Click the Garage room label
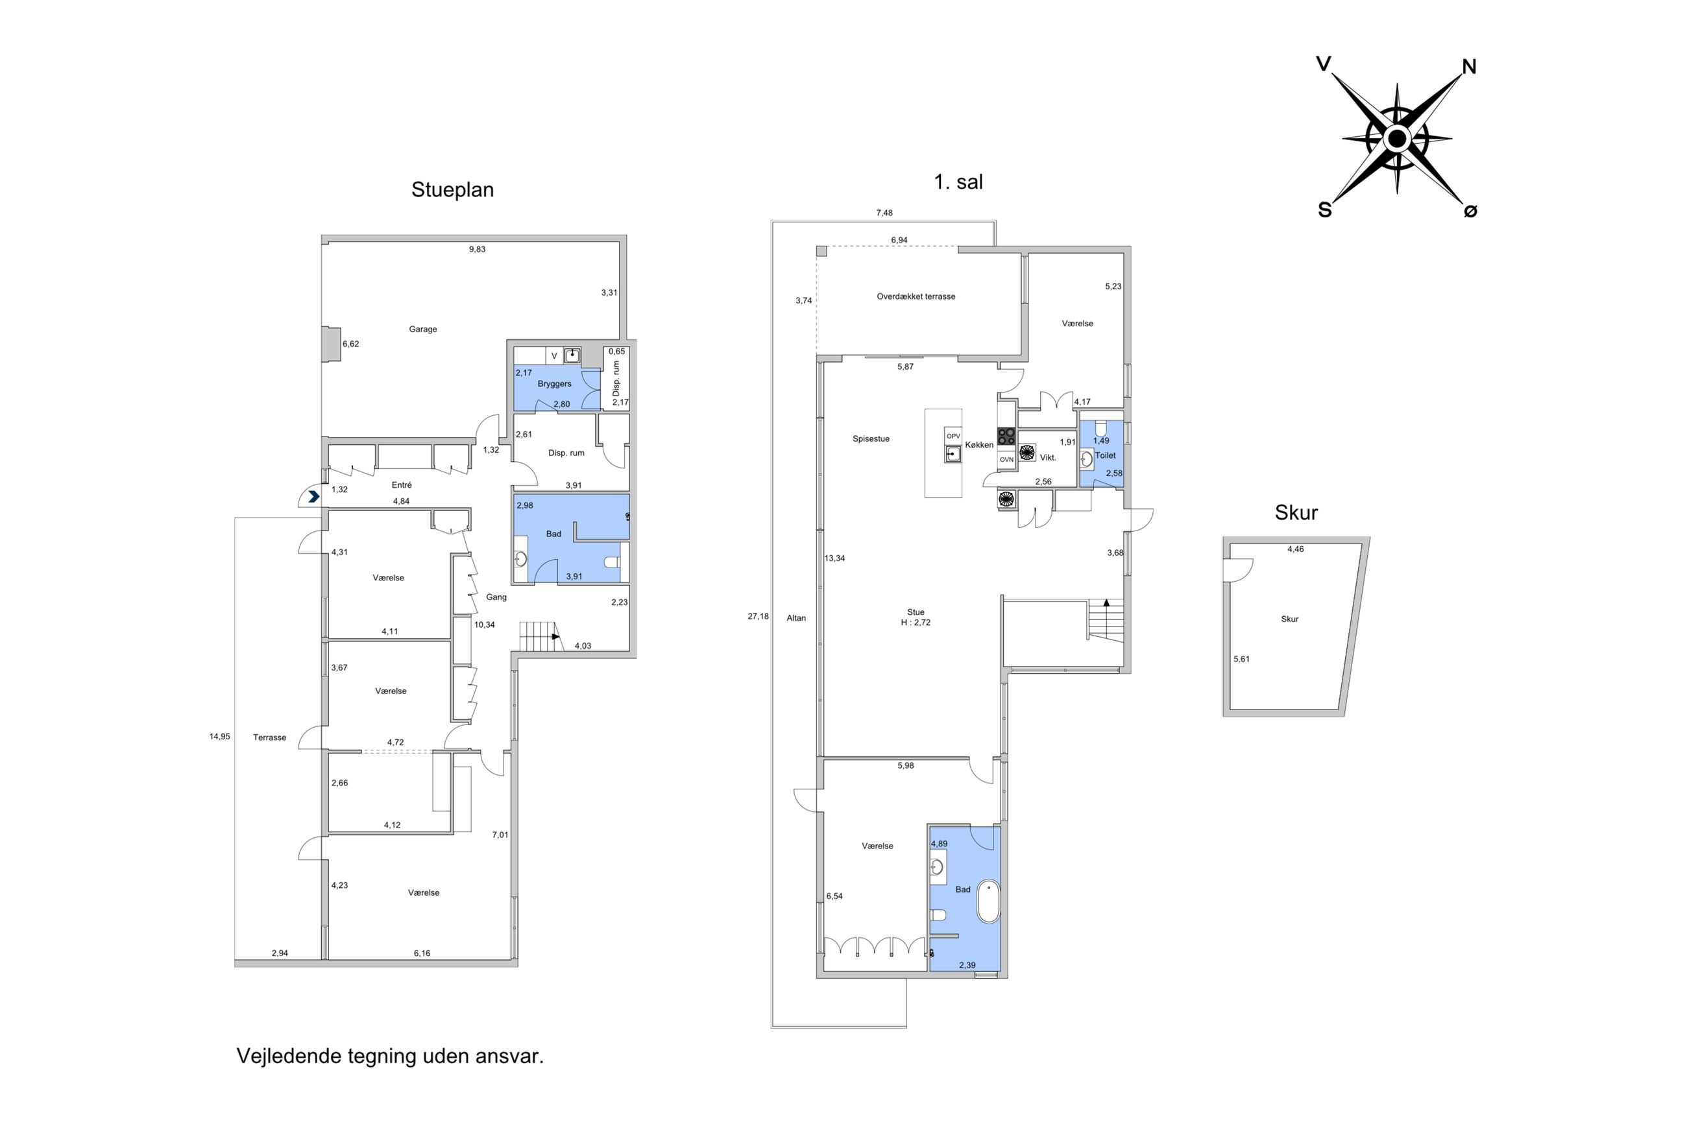(422, 329)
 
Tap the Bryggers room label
(554, 383)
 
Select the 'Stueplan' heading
(452, 190)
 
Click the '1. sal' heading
(958, 182)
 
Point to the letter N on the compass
(1469, 67)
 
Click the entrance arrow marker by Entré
(313, 496)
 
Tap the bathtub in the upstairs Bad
(988, 901)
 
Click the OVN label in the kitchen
(1006, 459)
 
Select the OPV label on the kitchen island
(953, 436)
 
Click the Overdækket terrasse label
(916, 296)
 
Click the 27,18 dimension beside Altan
(758, 616)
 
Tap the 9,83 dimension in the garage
(477, 250)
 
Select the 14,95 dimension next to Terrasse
(219, 736)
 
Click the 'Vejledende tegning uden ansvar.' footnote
(390, 1056)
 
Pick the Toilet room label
(1105, 455)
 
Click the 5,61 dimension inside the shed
(1241, 659)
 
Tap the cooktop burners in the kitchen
(1006, 436)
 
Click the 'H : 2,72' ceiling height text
(916, 622)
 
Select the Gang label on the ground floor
(496, 597)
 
